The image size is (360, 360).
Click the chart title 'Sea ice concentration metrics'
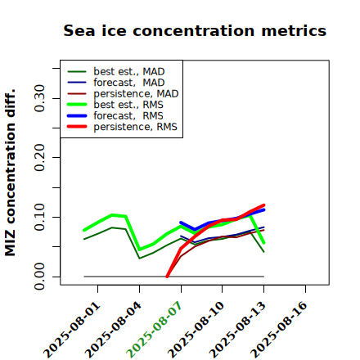(x=195, y=30)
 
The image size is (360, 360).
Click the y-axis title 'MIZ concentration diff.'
(x=10, y=173)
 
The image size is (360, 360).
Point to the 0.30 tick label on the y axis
(x=39, y=98)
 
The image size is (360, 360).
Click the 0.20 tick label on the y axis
(x=39, y=157)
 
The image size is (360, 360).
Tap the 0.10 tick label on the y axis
(x=39, y=217)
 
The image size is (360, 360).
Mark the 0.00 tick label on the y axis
(x=39, y=277)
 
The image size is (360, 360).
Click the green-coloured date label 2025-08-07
(x=154, y=330)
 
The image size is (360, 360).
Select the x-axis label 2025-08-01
(x=71, y=330)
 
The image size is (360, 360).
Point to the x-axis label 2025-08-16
(x=279, y=330)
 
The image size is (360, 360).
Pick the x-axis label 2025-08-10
(x=196, y=330)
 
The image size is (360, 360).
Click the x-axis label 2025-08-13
(x=237, y=330)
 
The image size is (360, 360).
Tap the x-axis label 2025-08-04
(x=113, y=330)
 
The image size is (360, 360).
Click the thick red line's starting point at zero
(x=167, y=277)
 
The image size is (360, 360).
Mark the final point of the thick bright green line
(x=264, y=242)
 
